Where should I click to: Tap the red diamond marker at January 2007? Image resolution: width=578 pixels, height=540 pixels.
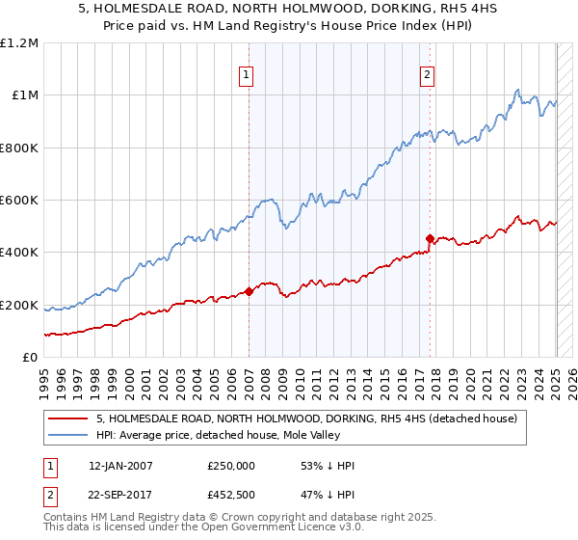pyautogui.click(x=249, y=291)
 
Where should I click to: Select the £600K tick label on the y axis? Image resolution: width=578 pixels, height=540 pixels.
pyautogui.click(x=18, y=201)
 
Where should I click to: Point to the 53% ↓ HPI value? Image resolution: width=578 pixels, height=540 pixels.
pyautogui.click(x=328, y=465)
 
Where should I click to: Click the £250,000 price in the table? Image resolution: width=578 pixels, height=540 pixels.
pyautogui.click(x=230, y=465)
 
